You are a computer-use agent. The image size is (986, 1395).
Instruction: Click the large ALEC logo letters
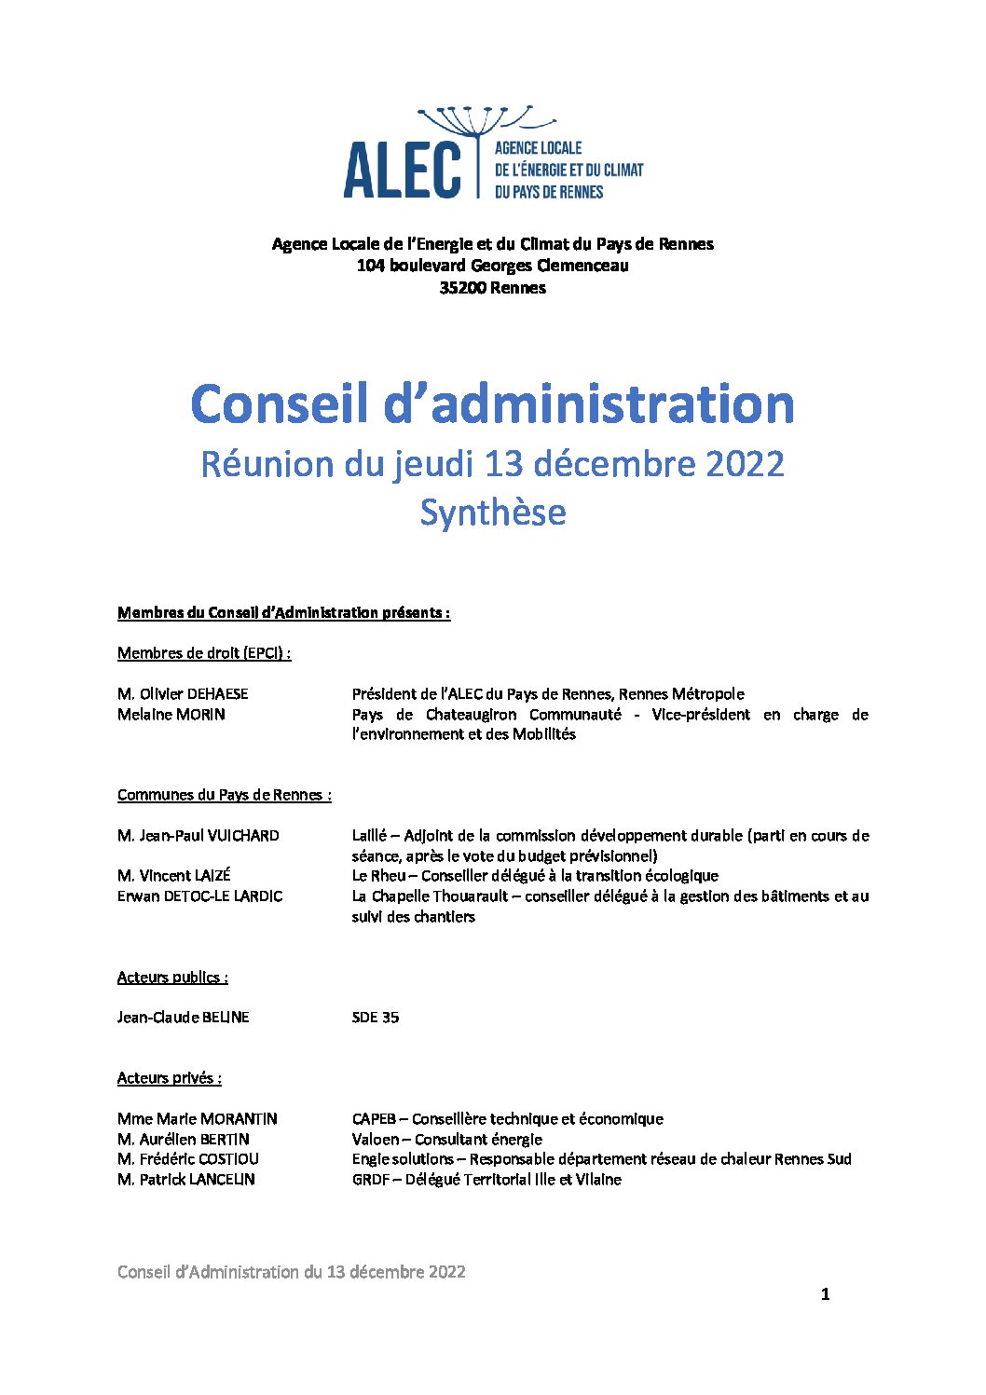[402, 170]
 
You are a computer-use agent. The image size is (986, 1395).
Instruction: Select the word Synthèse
[492, 513]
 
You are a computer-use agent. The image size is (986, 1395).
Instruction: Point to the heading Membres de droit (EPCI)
[203, 653]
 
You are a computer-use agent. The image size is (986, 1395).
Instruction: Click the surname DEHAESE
[218, 694]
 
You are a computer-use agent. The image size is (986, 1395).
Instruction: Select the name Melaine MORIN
[171, 715]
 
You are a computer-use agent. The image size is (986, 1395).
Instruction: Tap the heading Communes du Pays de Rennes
[224, 795]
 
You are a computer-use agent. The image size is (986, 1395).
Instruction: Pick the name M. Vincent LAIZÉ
[173, 876]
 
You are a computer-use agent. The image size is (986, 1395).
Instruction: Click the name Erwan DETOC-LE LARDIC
[199, 896]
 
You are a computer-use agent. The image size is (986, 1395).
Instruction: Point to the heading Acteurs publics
[172, 978]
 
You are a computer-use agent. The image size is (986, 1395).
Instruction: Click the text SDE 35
[375, 1018]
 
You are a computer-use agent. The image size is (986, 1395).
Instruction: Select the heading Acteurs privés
[169, 1078]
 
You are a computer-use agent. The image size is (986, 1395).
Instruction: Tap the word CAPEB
[374, 1119]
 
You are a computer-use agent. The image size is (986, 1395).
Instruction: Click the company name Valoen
[375, 1140]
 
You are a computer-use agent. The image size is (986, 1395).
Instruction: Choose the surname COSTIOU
[228, 1159]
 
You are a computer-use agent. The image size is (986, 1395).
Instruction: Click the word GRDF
[370, 1180]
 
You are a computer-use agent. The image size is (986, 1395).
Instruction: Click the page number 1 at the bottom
[825, 1294]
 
